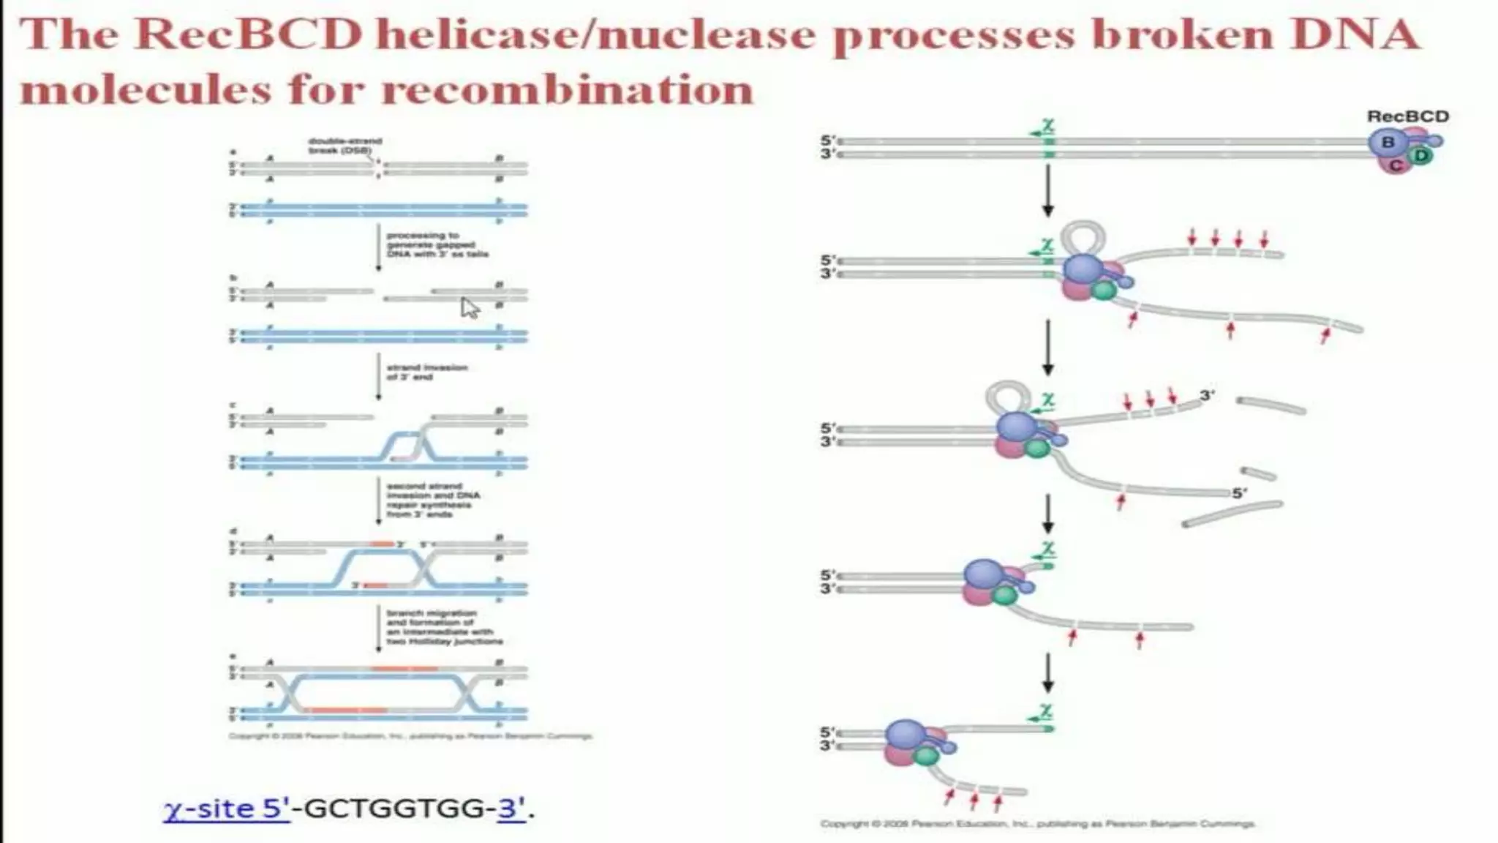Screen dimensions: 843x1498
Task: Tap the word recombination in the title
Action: coord(567,90)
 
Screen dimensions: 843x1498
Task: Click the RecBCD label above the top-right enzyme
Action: coord(1407,116)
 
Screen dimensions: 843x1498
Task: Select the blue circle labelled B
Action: coord(1388,142)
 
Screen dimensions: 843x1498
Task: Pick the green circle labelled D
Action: coord(1420,156)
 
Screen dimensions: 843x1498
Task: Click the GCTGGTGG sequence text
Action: coord(394,809)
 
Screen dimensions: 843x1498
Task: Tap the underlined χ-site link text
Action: coord(226,809)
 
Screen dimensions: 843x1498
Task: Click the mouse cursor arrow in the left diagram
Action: coord(469,307)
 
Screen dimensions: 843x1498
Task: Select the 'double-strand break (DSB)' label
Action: coord(345,145)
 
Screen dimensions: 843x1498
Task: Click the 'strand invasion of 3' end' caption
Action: coord(426,372)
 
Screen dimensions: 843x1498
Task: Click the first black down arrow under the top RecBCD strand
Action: coord(1047,190)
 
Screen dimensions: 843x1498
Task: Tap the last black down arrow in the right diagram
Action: coord(1047,673)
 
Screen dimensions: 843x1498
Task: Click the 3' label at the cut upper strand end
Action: coord(1207,394)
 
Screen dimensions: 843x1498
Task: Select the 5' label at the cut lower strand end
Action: coord(1239,493)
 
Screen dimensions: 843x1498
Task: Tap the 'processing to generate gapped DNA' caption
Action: coord(437,244)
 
